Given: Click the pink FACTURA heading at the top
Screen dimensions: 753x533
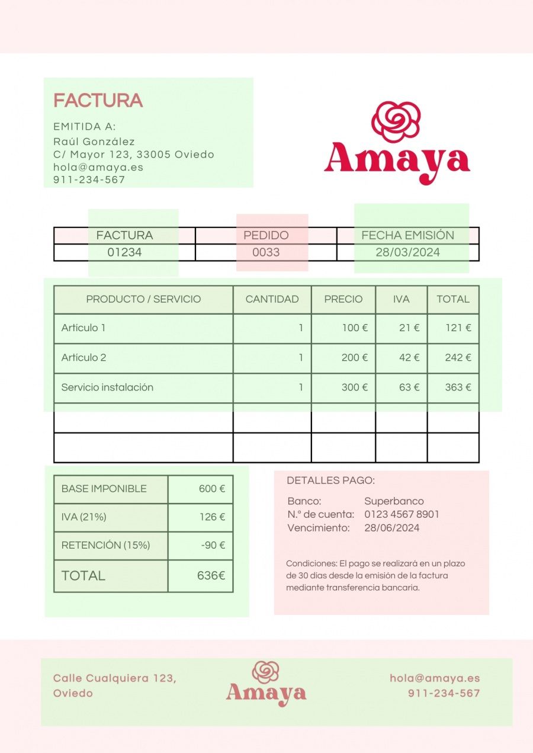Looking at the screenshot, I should pyautogui.click(x=98, y=101).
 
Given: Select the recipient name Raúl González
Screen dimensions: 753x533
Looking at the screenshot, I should pyautogui.click(x=94, y=142).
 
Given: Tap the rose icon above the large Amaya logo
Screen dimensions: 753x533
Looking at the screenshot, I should pyautogui.click(x=396, y=121).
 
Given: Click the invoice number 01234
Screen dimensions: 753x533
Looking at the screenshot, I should pyautogui.click(x=124, y=252).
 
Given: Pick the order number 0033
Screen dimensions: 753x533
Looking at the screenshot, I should pyautogui.click(x=266, y=252).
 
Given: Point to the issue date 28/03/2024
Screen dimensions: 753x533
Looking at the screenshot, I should pyautogui.click(x=407, y=252).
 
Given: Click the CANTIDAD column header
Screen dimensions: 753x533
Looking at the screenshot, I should pyautogui.click(x=272, y=299).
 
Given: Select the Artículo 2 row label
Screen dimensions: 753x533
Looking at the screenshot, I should pyautogui.click(x=84, y=358).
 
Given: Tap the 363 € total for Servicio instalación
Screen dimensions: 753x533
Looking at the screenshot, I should pyautogui.click(x=458, y=387).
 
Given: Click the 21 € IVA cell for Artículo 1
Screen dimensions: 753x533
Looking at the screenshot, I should pyautogui.click(x=409, y=328).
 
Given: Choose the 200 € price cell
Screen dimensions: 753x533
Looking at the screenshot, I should pyautogui.click(x=354, y=358).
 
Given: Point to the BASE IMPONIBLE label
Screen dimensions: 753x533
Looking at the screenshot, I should pyautogui.click(x=104, y=489).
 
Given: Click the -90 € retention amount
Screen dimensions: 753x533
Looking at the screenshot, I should pyautogui.click(x=213, y=545).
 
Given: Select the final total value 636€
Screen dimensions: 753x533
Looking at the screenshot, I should pyautogui.click(x=211, y=575).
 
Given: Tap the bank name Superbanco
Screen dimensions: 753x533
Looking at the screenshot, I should pyautogui.click(x=394, y=501).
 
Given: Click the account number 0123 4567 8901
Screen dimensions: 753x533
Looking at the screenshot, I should pyautogui.click(x=402, y=514).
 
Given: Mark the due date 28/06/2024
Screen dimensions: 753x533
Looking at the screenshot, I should pyautogui.click(x=391, y=528).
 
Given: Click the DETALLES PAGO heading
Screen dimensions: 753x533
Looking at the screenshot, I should pyautogui.click(x=330, y=480).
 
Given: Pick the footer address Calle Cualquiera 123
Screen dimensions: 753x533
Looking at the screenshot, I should pyautogui.click(x=114, y=678).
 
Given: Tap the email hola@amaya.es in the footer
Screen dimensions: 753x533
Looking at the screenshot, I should pyautogui.click(x=435, y=678).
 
